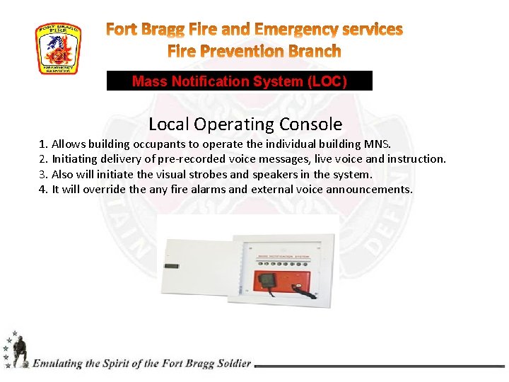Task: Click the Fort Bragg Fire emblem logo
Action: [58, 48]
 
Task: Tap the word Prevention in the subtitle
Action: [253, 52]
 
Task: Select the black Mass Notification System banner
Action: [239, 81]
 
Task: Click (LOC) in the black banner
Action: [327, 81]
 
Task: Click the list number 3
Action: [42, 174]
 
